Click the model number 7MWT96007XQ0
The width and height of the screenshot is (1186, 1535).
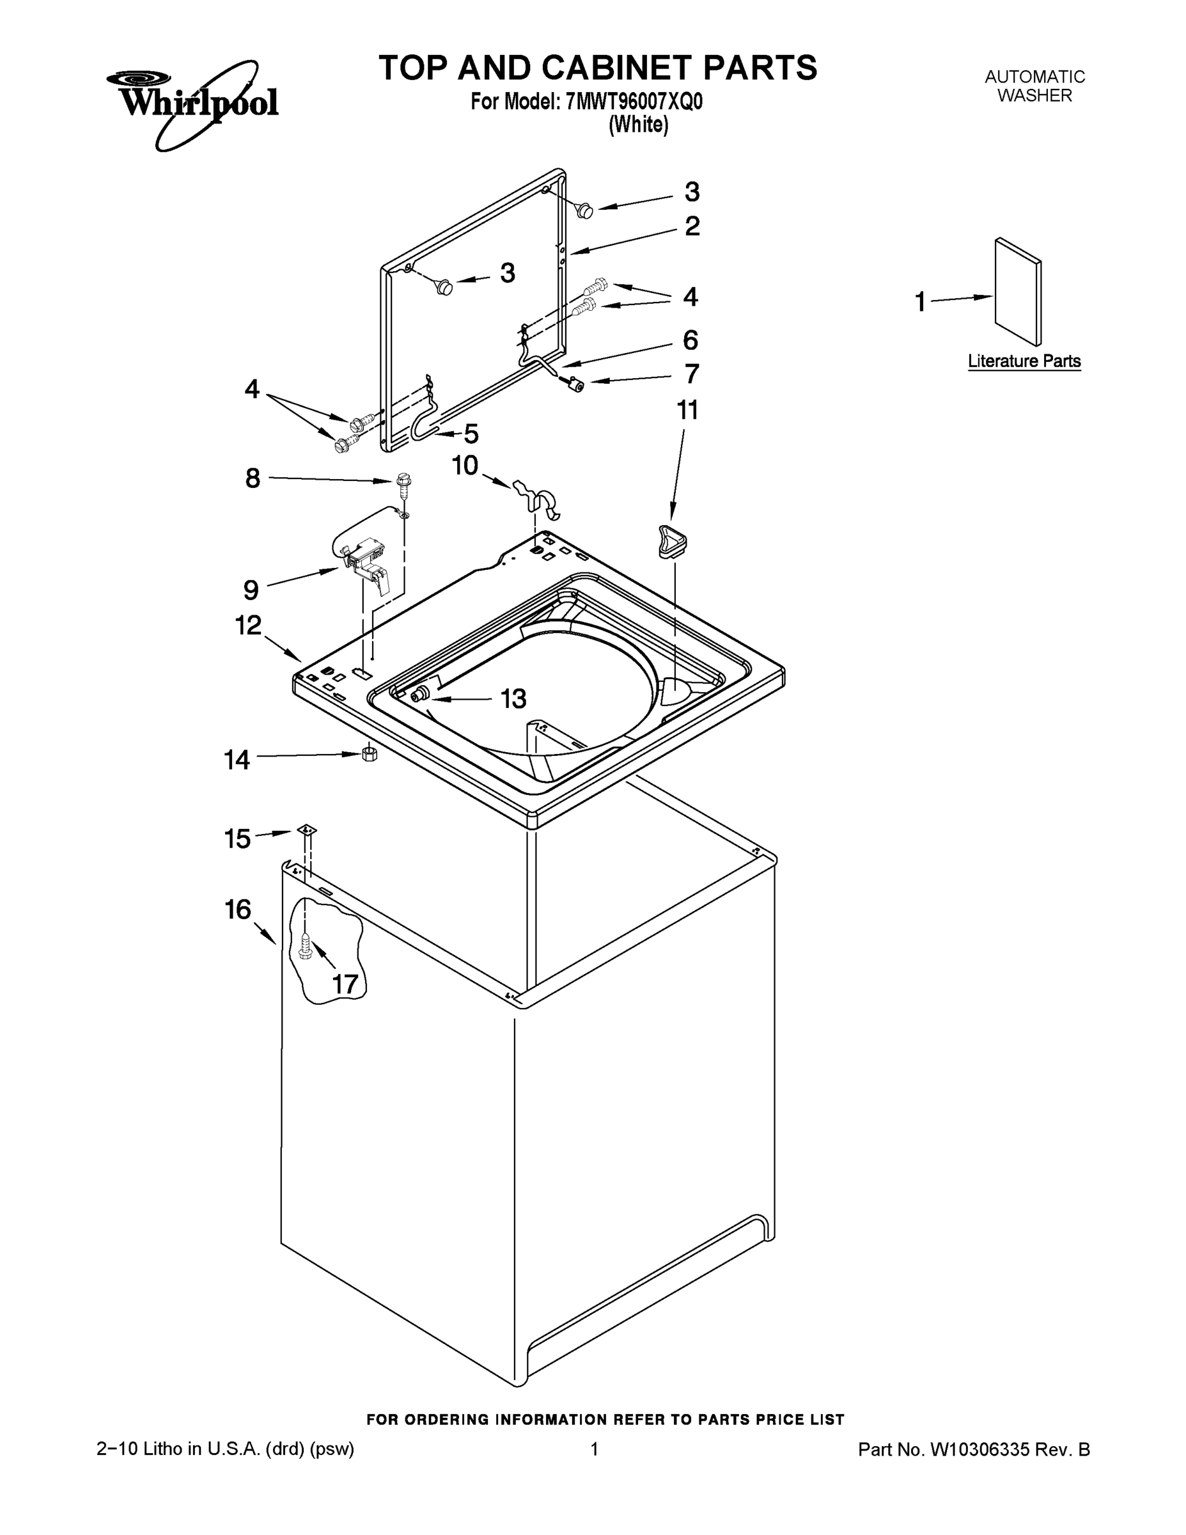pos(633,102)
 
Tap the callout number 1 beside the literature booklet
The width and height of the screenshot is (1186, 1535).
pos(920,303)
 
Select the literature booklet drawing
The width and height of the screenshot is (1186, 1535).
pos(1017,291)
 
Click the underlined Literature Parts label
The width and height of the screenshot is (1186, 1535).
pos(1024,361)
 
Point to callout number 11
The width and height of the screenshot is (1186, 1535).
pos(687,410)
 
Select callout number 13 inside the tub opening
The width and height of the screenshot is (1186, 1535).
pos(513,698)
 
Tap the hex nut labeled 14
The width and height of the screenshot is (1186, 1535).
pos(370,754)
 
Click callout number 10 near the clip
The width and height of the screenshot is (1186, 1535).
pos(464,465)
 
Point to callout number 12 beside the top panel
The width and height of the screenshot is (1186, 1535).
pos(248,625)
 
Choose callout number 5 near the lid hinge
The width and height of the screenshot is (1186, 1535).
pos(471,434)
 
